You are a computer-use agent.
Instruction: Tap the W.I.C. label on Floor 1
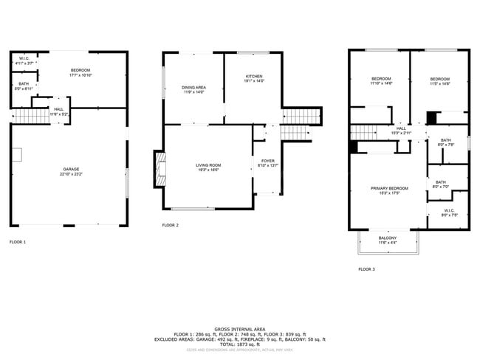click(24, 62)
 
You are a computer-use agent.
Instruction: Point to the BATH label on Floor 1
click(24, 86)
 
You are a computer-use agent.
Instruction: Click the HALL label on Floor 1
click(58, 111)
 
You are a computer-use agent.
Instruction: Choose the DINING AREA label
click(193, 89)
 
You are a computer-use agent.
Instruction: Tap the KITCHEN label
click(253, 77)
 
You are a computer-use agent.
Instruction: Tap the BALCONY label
click(388, 239)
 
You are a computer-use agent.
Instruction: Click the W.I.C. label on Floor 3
click(450, 212)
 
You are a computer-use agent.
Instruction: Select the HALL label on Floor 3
click(401, 131)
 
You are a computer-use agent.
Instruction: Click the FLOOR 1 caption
click(17, 242)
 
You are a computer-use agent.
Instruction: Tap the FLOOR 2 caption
click(170, 225)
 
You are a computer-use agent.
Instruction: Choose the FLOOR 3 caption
click(366, 269)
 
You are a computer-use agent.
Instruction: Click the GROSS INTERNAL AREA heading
click(239, 329)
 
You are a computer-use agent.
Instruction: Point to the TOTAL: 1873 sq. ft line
click(239, 344)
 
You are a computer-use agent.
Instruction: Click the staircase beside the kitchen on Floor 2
click(302, 116)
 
